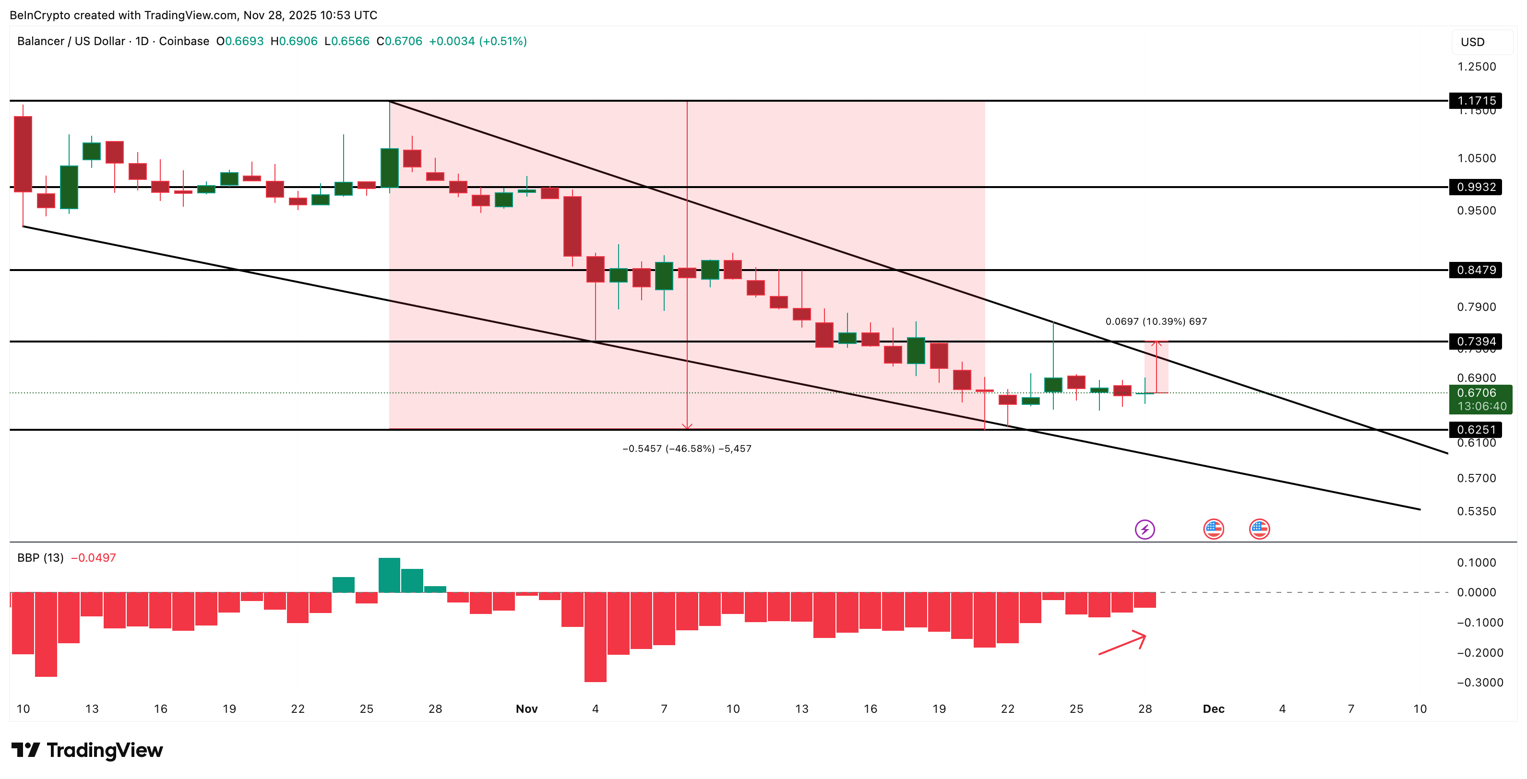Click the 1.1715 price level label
point(1476,100)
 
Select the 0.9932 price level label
point(1476,187)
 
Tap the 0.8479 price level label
point(1476,270)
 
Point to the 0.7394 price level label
point(1476,341)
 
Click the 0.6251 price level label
point(1476,429)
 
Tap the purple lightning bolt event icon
point(1144,529)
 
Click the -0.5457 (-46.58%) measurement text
point(686,449)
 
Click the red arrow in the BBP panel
point(1122,643)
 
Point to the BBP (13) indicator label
point(40,557)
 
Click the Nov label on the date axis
point(526,708)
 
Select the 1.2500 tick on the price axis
point(1476,66)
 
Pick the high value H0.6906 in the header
point(294,41)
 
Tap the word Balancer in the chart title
point(40,41)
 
